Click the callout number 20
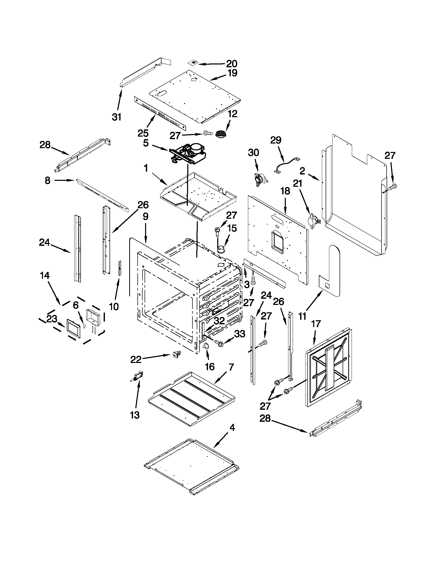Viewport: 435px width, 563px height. click(232, 63)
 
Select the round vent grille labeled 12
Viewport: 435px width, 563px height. click(221, 134)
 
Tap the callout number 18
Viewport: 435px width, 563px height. click(285, 191)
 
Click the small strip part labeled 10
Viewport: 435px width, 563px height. click(119, 268)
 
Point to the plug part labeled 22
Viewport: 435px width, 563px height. click(176, 355)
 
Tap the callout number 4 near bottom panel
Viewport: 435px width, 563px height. click(232, 428)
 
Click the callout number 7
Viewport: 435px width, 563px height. click(231, 367)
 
